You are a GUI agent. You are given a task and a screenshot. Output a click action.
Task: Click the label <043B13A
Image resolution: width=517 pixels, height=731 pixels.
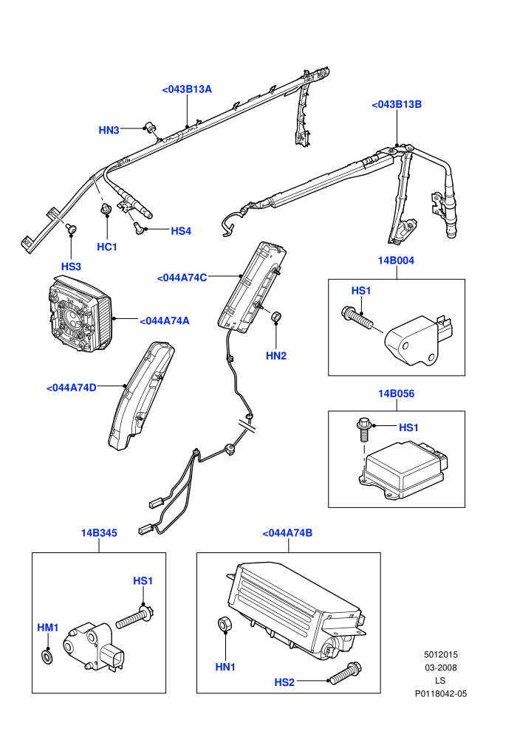[x=186, y=89]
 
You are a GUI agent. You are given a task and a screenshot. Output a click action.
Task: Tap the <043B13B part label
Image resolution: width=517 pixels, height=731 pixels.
[x=397, y=104]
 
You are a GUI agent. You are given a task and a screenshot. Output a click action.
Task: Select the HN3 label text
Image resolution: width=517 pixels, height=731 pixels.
[x=109, y=130]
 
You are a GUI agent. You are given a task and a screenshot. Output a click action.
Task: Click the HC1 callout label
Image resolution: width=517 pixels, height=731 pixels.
[x=107, y=247]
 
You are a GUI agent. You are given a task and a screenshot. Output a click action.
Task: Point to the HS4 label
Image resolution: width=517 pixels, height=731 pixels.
[x=181, y=231]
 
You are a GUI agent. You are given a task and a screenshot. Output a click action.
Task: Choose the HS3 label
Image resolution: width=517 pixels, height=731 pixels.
[x=71, y=267]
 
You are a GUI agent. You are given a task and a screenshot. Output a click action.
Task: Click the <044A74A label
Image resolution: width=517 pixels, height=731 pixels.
[x=164, y=320]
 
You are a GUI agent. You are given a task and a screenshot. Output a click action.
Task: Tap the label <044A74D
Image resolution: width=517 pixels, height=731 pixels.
[x=72, y=388]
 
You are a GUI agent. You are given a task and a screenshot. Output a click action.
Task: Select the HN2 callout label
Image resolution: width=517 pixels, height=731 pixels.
[x=276, y=356]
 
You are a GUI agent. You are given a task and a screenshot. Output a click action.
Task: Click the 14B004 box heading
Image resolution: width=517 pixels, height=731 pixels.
[x=396, y=260]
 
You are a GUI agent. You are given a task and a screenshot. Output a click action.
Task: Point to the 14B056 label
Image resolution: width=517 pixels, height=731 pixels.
[x=396, y=394]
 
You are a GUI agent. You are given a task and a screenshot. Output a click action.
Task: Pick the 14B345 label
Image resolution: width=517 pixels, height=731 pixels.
[x=99, y=533]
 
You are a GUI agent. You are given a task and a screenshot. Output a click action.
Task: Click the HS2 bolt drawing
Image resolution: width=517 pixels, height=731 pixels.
[x=346, y=673]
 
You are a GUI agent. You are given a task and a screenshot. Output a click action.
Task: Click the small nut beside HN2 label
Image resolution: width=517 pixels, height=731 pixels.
[x=276, y=315]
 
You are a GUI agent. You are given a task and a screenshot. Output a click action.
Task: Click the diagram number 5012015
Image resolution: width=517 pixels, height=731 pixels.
[x=440, y=654]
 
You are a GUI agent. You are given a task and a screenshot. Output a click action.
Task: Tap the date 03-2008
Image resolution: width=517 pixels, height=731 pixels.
[x=440, y=667]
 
